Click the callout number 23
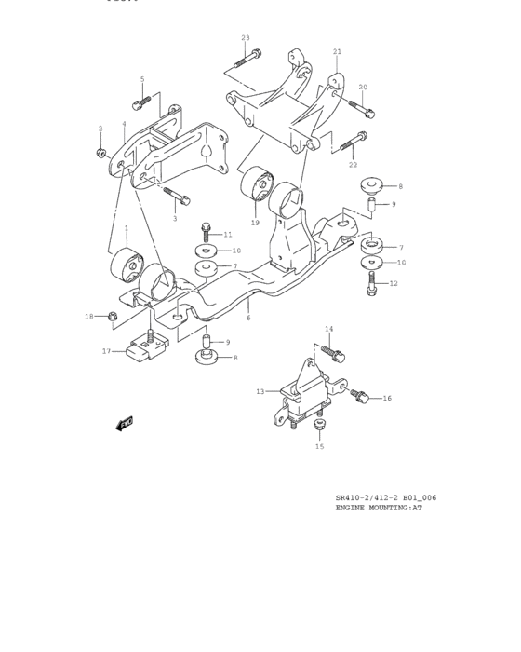pos(246,38)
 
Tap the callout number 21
pos(337,51)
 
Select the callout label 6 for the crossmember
pos(248,319)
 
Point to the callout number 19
pos(254,223)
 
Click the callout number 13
pos(260,392)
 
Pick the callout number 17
pos(106,351)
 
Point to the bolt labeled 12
pos(372,280)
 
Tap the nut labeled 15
pos(319,427)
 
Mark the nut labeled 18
pos(111,317)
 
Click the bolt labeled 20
pos(362,109)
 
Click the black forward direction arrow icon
pos(124,424)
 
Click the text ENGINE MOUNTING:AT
pos(379,509)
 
